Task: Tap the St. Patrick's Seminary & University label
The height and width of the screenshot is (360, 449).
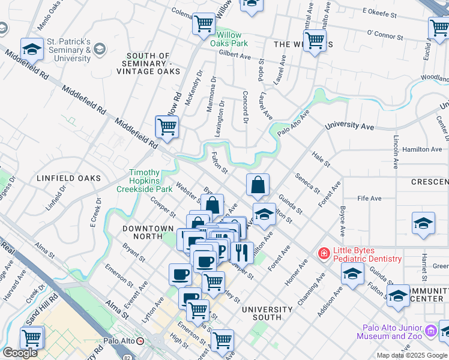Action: (69, 50)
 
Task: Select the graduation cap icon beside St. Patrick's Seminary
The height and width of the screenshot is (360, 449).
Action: (32, 50)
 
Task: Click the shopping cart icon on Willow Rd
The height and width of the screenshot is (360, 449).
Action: (167, 127)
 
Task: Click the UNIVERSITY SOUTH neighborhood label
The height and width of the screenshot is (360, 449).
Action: (267, 310)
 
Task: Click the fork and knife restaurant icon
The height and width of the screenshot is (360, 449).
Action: (241, 253)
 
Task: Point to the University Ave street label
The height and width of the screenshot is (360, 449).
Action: (349, 127)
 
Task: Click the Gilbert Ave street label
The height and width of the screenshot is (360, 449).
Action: (235, 55)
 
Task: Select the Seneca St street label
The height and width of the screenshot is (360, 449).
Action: (307, 183)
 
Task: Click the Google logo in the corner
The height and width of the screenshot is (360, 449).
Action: (20, 353)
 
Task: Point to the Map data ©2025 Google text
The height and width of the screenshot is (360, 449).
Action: (412, 355)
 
